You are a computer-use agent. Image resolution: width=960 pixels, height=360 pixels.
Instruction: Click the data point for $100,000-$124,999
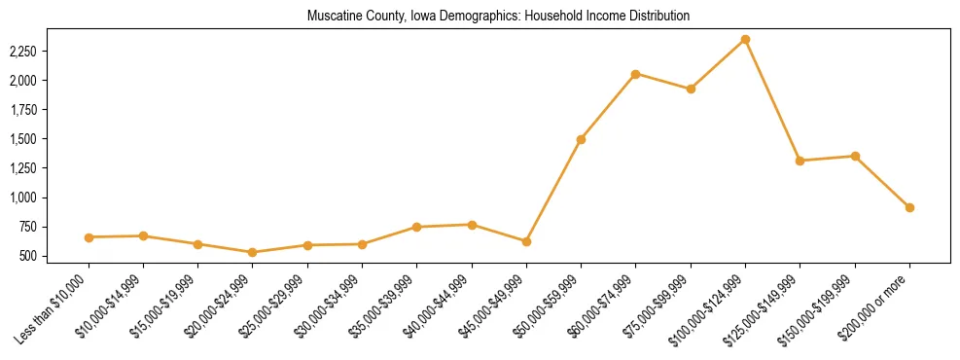(x=745, y=39)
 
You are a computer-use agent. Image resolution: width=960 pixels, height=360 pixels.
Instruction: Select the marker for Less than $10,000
(x=89, y=237)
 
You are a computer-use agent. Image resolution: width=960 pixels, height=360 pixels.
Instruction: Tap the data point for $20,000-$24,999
(x=253, y=252)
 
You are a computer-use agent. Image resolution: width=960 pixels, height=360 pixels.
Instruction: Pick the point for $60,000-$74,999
(x=635, y=74)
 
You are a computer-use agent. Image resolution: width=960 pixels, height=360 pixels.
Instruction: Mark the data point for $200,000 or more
(x=909, y=207)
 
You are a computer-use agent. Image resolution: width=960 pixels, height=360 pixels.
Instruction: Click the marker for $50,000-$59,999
(x=581, y=139)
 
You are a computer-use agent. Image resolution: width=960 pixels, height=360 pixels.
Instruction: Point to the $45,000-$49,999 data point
(x=526, y=241)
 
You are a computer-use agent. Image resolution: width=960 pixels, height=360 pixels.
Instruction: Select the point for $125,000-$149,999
(x=800, y=161)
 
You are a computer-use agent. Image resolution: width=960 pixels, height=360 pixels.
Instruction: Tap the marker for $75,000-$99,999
(x=691, y=89)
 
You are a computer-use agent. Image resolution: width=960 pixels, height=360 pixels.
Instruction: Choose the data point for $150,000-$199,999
(x=855, y=156)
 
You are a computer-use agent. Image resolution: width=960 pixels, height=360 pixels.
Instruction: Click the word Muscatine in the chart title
(x=330, y=17)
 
